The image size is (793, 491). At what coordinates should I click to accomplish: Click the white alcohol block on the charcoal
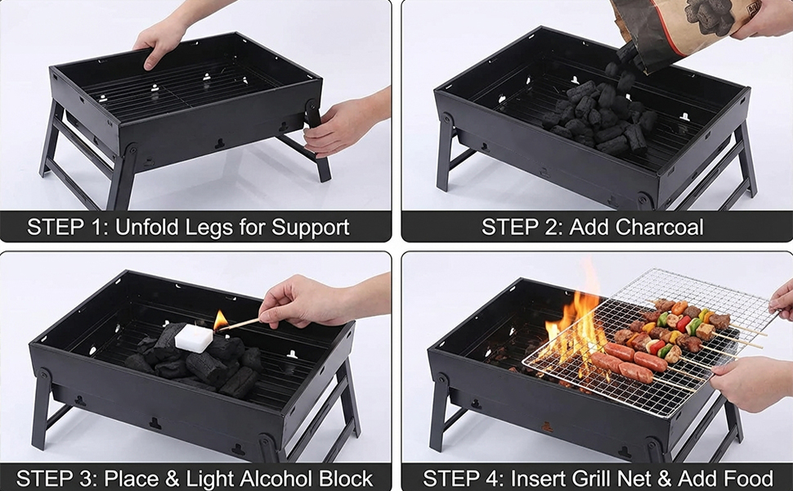click(x=194, y=338)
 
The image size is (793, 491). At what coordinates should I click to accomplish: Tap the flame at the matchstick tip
click(x=221, y=320)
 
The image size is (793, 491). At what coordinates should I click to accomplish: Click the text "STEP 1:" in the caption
click(x=68, y=227)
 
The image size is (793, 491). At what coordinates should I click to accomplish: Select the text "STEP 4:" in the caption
click(x=464, y=478)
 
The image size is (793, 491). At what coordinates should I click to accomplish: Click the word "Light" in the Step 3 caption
click(x=211, y=479)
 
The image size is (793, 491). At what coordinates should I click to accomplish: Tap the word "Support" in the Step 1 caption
click(x=310, y=227)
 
